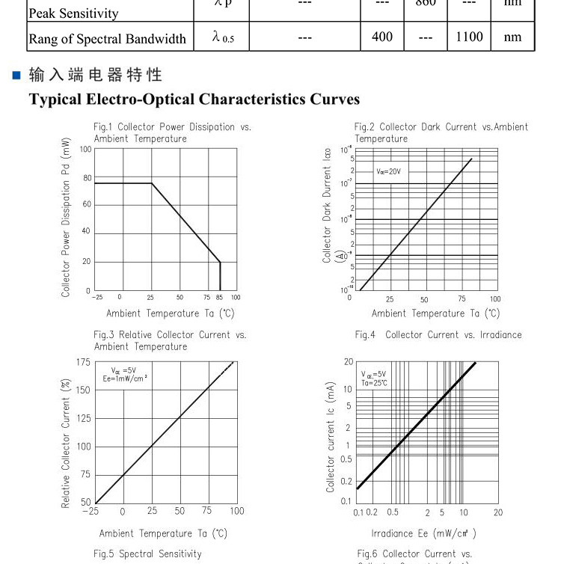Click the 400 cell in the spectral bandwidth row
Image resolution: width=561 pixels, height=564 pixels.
pyautogui.click(x=382, y=37)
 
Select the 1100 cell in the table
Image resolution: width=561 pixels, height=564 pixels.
pyautogui.click(x=469, y=37)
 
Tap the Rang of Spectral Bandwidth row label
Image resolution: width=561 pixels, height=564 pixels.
pyautogui.click(x=107, y=39)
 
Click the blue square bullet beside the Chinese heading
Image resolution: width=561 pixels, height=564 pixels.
pyautogui.click(x=16, y=75)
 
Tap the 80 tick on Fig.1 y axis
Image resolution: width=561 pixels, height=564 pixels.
pyautogui.click(x=87, y=178)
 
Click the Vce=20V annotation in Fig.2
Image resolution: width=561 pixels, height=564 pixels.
pyautogui.click(x=388, y=171)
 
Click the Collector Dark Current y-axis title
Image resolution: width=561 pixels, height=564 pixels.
pyautogui.click(x=327, y=205)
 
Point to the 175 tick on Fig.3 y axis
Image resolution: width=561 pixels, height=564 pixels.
pyautogui.click(x=83, y=362)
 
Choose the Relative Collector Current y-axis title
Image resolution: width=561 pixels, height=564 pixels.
pyautogui.click(x=66, y=444)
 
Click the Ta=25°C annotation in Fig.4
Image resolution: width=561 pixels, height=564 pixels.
pyautogui.click(x=374, y=382)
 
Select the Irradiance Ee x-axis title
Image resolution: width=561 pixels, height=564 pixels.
pyautogui.click(x=423, y=533)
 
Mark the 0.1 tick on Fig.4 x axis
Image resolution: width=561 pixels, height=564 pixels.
pyautogui.click(x=358, y=512)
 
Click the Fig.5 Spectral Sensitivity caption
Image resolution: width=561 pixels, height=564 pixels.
pyautogui.click(x=147, y=554)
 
